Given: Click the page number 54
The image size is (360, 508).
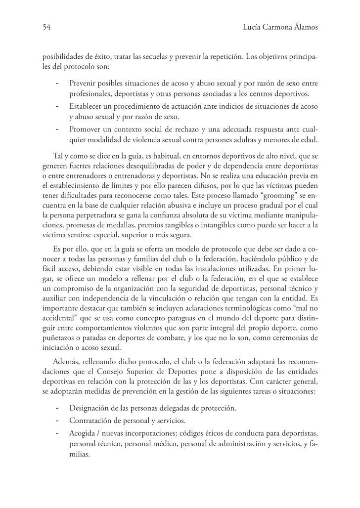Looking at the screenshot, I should pos(46,28).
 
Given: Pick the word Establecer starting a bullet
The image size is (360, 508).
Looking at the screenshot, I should pos(88,106).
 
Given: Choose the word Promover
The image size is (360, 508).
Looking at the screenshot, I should pos(86,129).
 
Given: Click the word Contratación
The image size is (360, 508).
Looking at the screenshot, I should pos(92,421).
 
